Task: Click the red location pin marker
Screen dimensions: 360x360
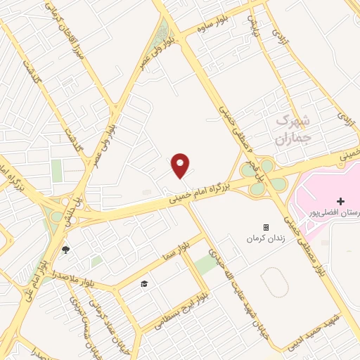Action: point(181,165)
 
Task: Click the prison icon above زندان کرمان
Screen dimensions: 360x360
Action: point(266,227)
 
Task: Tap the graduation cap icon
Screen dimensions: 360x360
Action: point(144,283)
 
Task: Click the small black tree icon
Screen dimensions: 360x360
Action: point(66,249)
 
